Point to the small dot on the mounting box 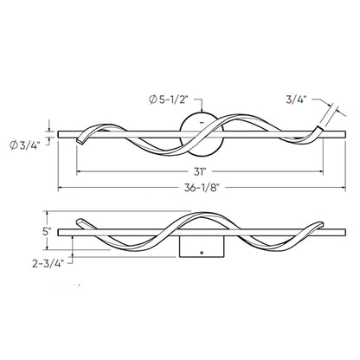[x=201, y=253]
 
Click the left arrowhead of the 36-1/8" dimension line [x=61, y=188]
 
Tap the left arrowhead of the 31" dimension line [x=79, y=170]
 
